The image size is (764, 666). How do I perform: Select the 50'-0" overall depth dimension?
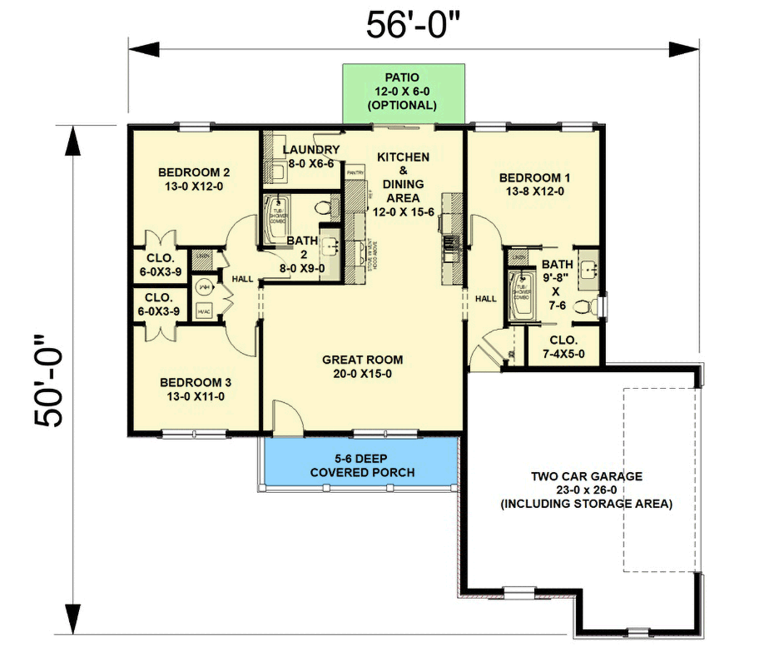49,380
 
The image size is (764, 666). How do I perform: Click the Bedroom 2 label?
194,180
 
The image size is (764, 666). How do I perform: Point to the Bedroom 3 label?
194,389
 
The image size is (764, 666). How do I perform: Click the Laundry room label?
310,157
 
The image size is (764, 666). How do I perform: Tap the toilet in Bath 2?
325,206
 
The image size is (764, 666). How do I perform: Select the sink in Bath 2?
330,244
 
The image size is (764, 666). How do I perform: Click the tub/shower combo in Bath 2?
275,219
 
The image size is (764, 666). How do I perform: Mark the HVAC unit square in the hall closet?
203,311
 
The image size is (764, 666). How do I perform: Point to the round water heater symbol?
203,286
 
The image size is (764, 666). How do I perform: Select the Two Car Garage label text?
588,490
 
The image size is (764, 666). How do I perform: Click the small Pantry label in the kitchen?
356,172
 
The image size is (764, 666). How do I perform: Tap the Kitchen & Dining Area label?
403,177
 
